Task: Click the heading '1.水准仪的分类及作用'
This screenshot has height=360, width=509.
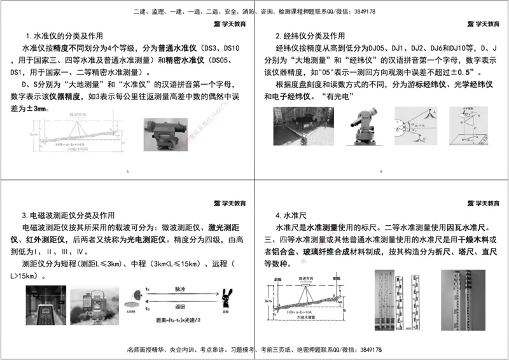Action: click(x=64, y=36)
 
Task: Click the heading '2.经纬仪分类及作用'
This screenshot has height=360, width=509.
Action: click(x=310, y=36)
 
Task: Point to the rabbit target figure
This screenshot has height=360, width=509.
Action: click(x=225, y=299)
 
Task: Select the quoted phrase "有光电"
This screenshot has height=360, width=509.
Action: click(x=337, y=97)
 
